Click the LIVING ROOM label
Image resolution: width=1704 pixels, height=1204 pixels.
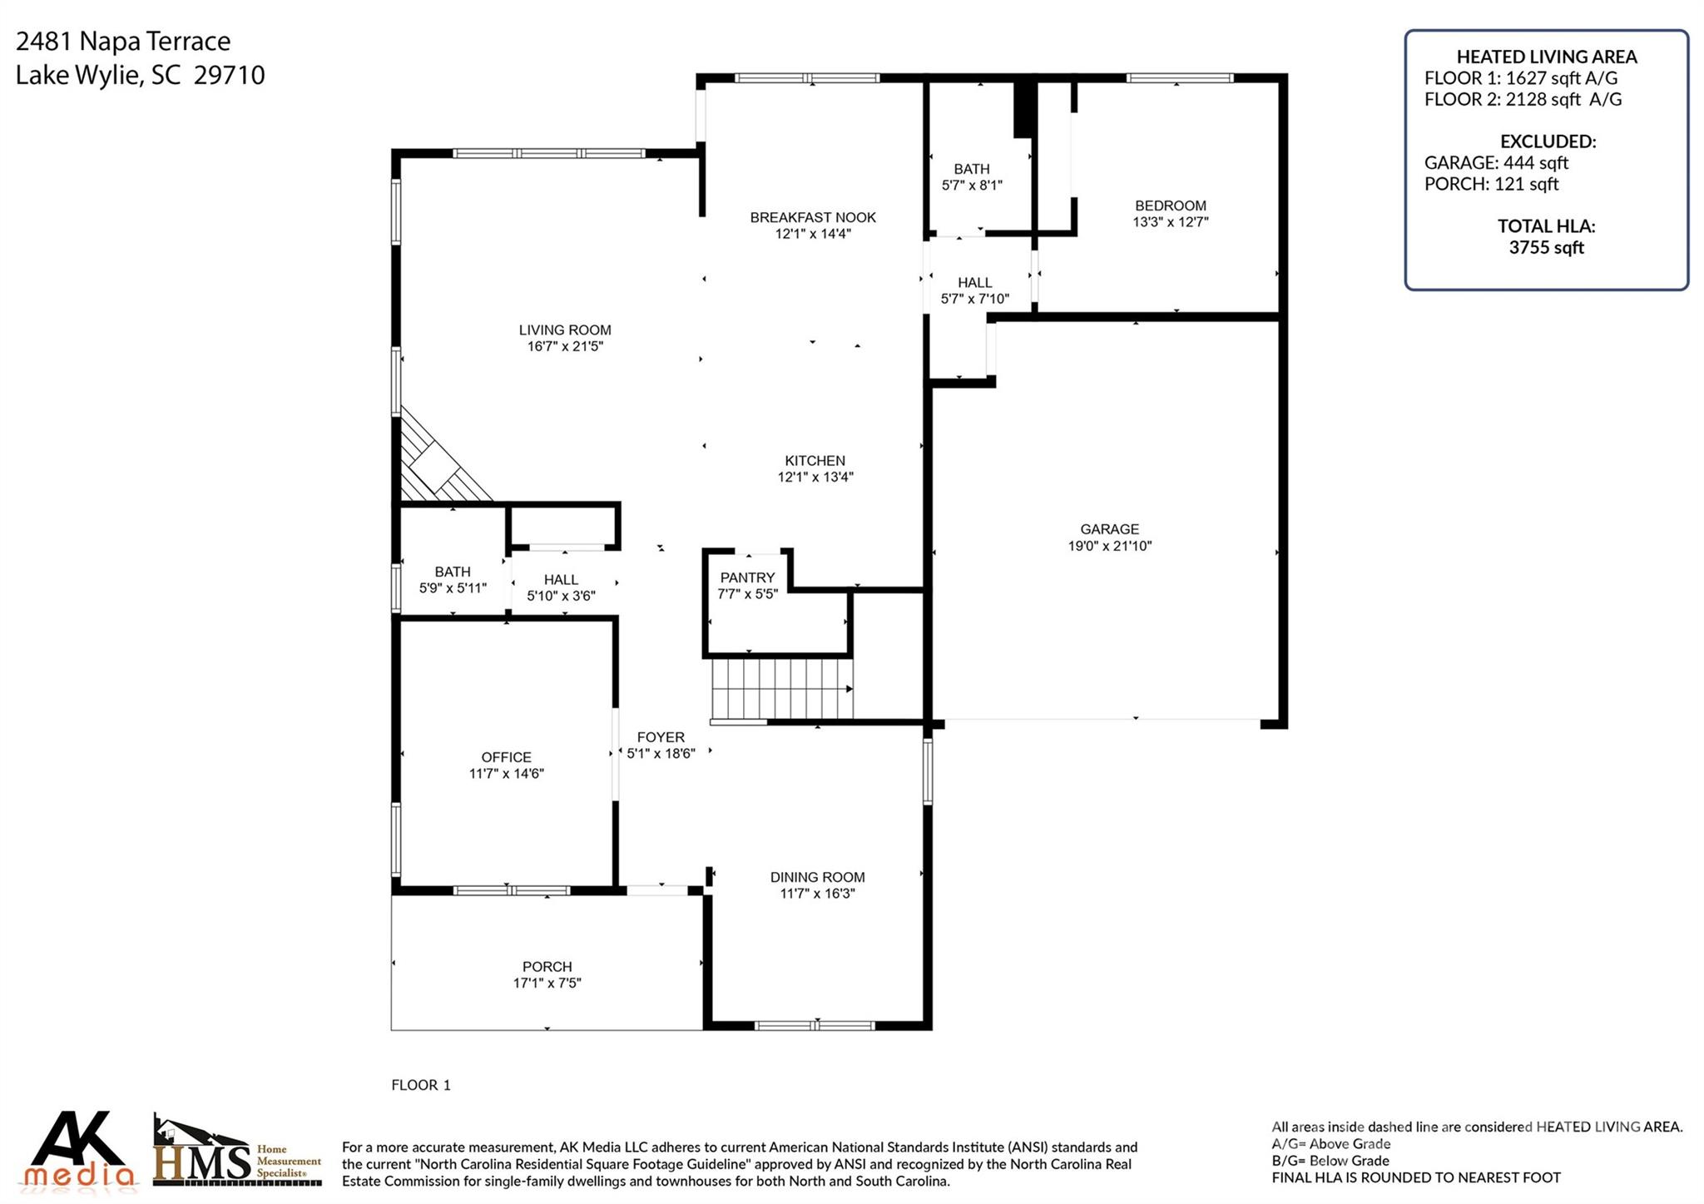pos(565,330)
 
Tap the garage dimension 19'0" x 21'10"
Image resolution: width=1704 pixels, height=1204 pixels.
pos(1109,546)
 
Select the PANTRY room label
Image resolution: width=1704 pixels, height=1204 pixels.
pos(747,577)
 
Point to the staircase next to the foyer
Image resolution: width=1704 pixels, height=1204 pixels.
pos(780,689)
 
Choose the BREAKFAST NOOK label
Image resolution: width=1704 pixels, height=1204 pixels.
pos(813,217)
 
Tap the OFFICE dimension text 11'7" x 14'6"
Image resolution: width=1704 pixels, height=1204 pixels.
pos(506,774)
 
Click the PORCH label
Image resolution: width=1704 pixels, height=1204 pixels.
pos(547,967)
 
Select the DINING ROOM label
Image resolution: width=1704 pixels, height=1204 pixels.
pos(817,877)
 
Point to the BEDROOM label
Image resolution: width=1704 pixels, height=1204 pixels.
pos(1170,206)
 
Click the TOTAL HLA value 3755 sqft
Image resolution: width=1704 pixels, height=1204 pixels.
pos(1546,247)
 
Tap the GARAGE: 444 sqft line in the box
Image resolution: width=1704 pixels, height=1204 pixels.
pos(1496,163)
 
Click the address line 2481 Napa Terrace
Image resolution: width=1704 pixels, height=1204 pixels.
pos(123,41)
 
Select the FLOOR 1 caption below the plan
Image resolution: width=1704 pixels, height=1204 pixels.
pos(420,1085)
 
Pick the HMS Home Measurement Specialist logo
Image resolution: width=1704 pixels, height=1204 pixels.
pos(237,1153)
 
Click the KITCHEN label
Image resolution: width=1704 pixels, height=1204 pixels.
pos(815,461)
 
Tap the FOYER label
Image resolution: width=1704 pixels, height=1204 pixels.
pos(661,737)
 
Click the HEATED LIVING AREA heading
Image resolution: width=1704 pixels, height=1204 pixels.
pos(1546,57)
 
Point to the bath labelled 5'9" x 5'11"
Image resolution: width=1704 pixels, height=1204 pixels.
pos(452,580)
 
